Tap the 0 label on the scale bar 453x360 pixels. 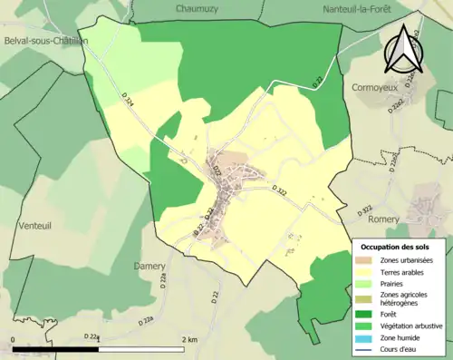13,340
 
